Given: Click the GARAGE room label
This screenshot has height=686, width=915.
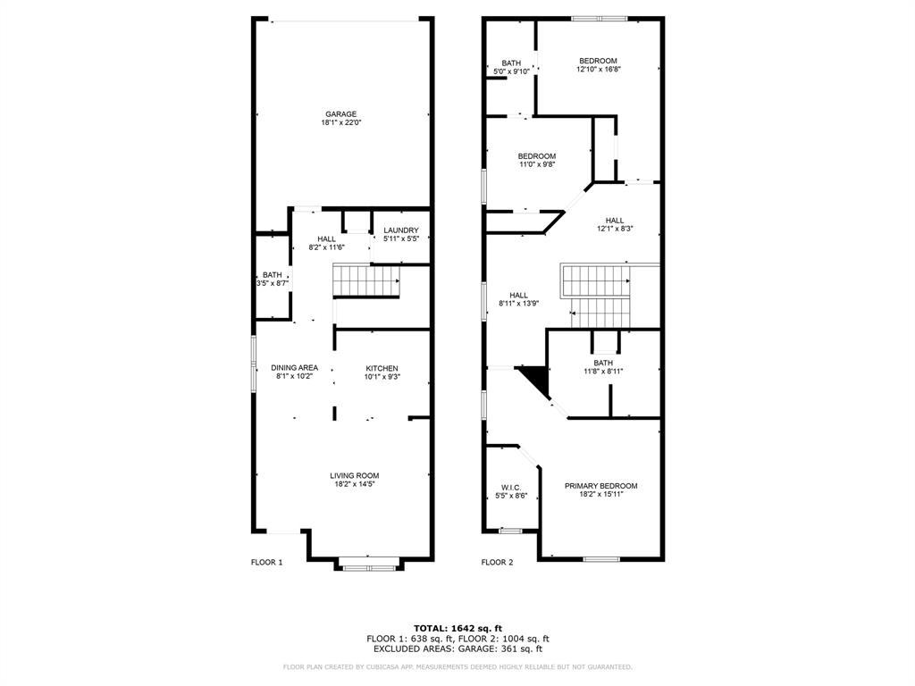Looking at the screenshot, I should click(341, 113).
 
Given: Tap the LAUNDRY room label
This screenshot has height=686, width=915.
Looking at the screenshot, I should click(400, 230).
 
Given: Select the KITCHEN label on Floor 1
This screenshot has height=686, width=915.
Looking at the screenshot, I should click(382, 368).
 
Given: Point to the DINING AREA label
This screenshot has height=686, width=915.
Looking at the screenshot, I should click(295, 367).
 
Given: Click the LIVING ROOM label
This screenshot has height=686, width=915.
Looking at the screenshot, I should click(355, 475).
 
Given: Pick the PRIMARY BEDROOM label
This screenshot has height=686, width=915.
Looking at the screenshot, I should click(600, 486).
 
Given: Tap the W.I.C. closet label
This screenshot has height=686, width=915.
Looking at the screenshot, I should click(511, 487).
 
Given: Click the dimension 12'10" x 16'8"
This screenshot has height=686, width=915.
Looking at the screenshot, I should click(598, 69).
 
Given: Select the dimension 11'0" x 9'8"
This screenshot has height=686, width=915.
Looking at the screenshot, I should click(537, 164).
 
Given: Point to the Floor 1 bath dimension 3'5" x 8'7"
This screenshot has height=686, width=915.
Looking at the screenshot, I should click(272, 283).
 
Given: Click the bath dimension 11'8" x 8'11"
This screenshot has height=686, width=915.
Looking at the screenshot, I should click(603, 371).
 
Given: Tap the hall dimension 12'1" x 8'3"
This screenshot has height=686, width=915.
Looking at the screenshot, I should click(615, 229).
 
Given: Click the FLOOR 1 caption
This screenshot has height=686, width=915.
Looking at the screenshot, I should click(266, 563).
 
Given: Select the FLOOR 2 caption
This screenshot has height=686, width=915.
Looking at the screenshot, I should click(498, 563).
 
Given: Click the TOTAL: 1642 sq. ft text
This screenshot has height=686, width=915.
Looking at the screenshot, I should click(457, 628).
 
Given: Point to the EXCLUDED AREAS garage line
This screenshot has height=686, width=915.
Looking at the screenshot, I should click(457, 649).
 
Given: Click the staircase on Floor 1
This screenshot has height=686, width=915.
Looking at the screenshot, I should click(365, 281).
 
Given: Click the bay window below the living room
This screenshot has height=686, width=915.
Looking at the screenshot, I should click(368, 564).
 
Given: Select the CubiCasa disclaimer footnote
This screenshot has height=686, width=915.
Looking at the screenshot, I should click(457, 667).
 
